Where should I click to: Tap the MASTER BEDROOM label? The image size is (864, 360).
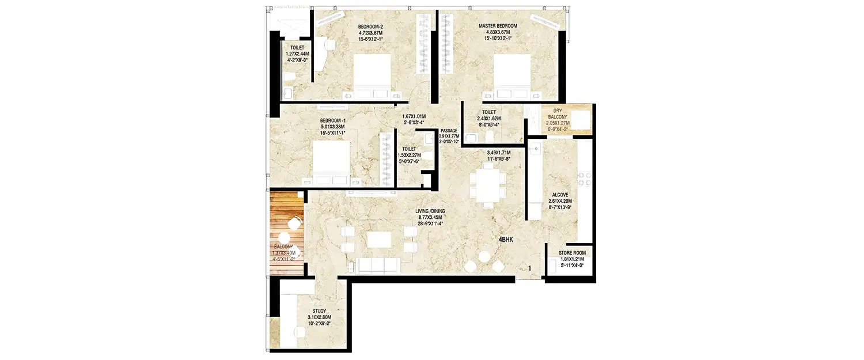498,26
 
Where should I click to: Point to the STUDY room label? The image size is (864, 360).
319,311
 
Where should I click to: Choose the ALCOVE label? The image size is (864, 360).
561,195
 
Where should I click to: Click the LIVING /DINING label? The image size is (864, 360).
430,211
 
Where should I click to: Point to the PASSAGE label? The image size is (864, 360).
449,131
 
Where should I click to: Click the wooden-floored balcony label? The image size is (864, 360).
284,246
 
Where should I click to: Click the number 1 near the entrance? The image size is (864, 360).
529,268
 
